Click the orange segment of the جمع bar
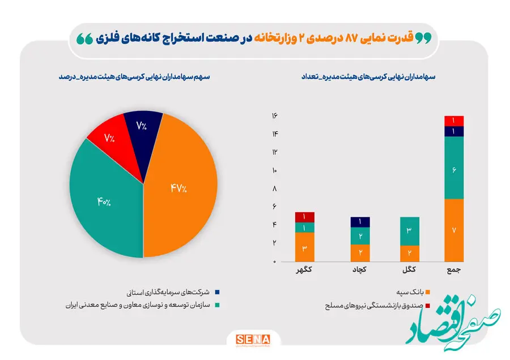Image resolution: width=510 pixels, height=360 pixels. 454,229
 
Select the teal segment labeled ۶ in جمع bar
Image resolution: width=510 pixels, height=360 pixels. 454,168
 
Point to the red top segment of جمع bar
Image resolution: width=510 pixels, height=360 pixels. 454,121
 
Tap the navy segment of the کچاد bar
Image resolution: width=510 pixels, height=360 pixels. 360,222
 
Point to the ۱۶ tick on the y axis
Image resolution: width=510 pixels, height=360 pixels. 274,115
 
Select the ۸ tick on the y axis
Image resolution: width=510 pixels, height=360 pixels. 274,188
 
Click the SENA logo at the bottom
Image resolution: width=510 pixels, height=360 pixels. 253,340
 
